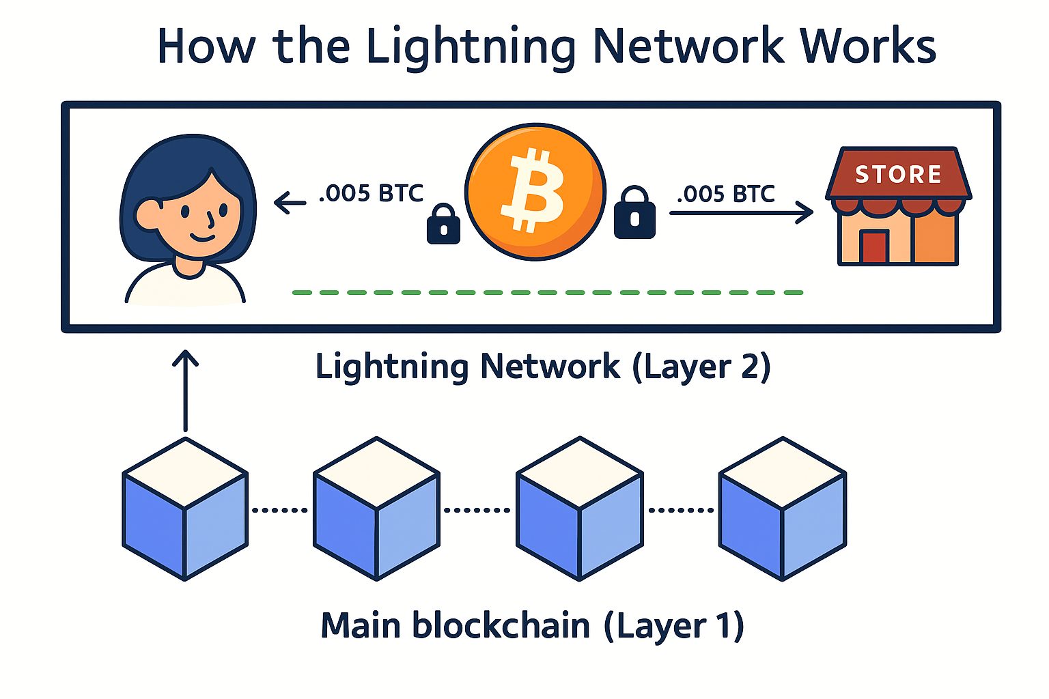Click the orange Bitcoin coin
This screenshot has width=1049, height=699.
point(535,192)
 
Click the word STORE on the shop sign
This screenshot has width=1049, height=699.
point(898,175)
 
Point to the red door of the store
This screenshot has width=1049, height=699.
point(875,247)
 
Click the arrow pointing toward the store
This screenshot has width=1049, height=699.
point(741,213)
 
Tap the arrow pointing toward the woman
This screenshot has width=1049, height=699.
point(290,202)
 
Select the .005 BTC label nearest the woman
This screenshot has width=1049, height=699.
point(371,194)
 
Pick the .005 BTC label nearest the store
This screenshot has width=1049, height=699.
point(725,195)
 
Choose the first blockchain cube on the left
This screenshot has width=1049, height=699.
point(185,509)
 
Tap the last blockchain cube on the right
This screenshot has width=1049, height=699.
point(783,509)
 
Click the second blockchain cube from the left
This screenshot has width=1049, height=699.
point(376,509)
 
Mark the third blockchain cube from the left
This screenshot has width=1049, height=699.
point(579,509)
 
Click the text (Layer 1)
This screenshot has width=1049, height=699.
point(673,626)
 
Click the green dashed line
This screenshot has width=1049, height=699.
point(547,292)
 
